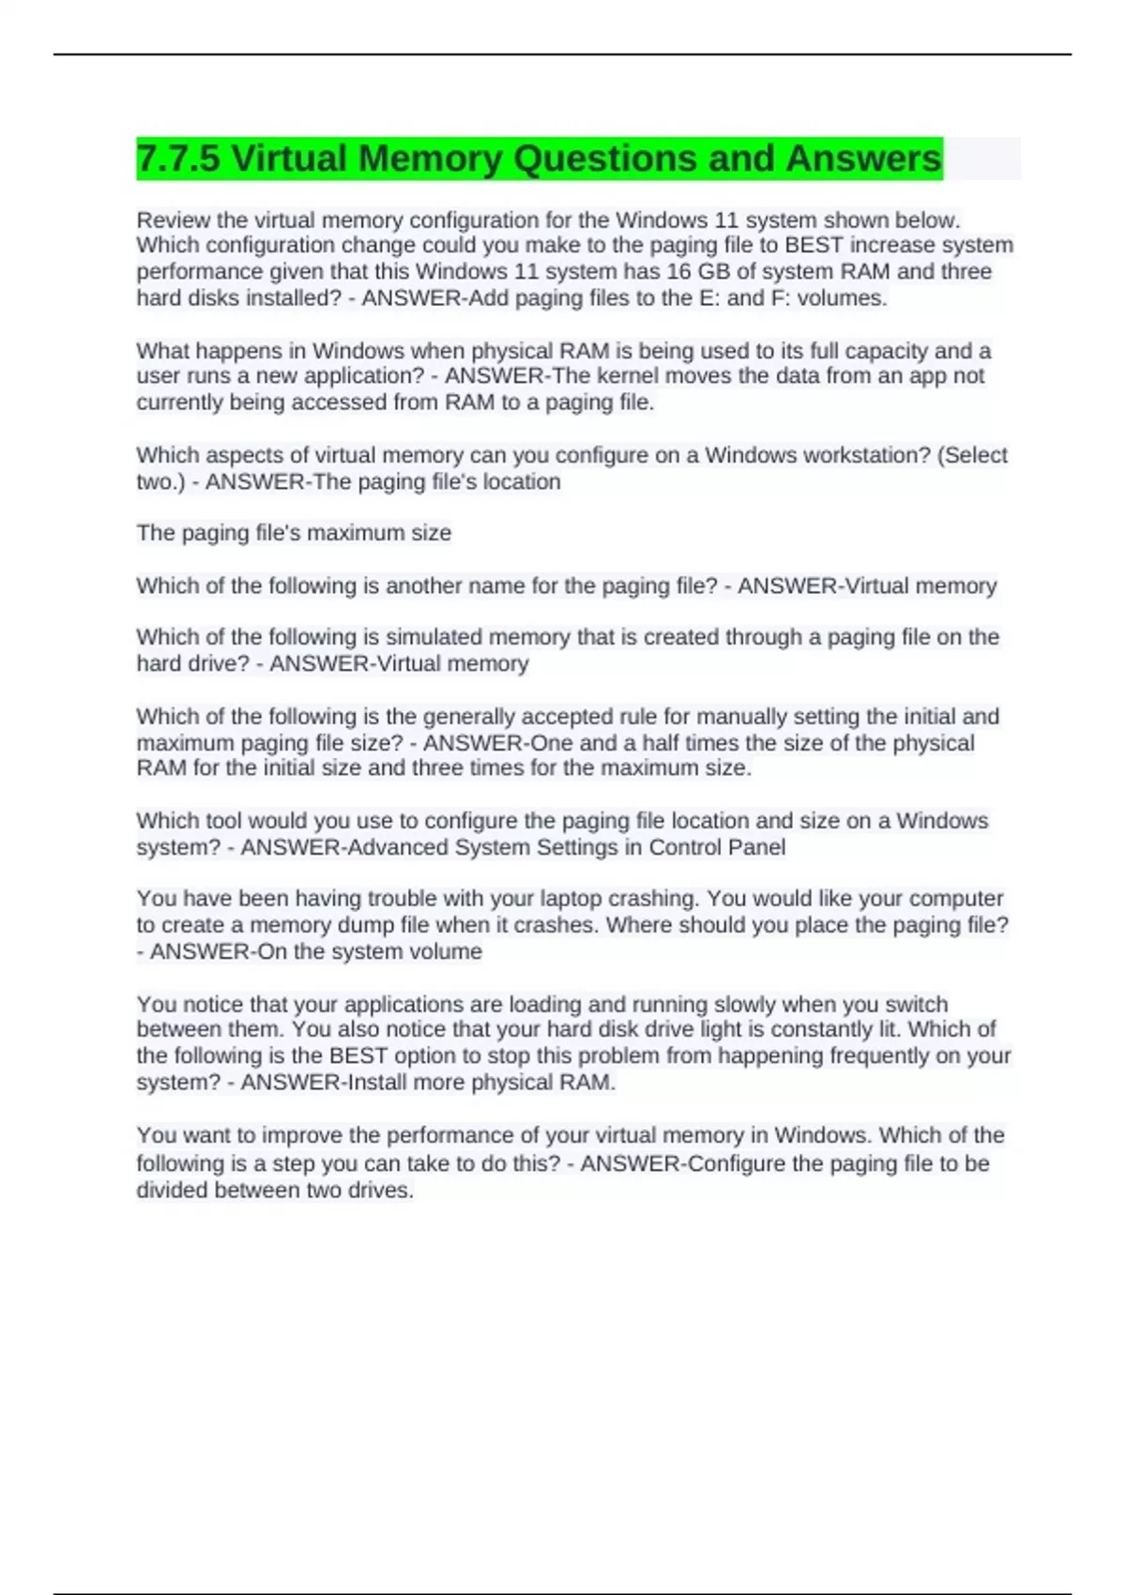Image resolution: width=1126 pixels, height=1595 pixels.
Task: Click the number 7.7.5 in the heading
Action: (177, 159)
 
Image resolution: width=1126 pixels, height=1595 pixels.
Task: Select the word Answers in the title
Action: (863, 159)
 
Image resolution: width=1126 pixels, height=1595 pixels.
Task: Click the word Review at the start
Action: (173, 220)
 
